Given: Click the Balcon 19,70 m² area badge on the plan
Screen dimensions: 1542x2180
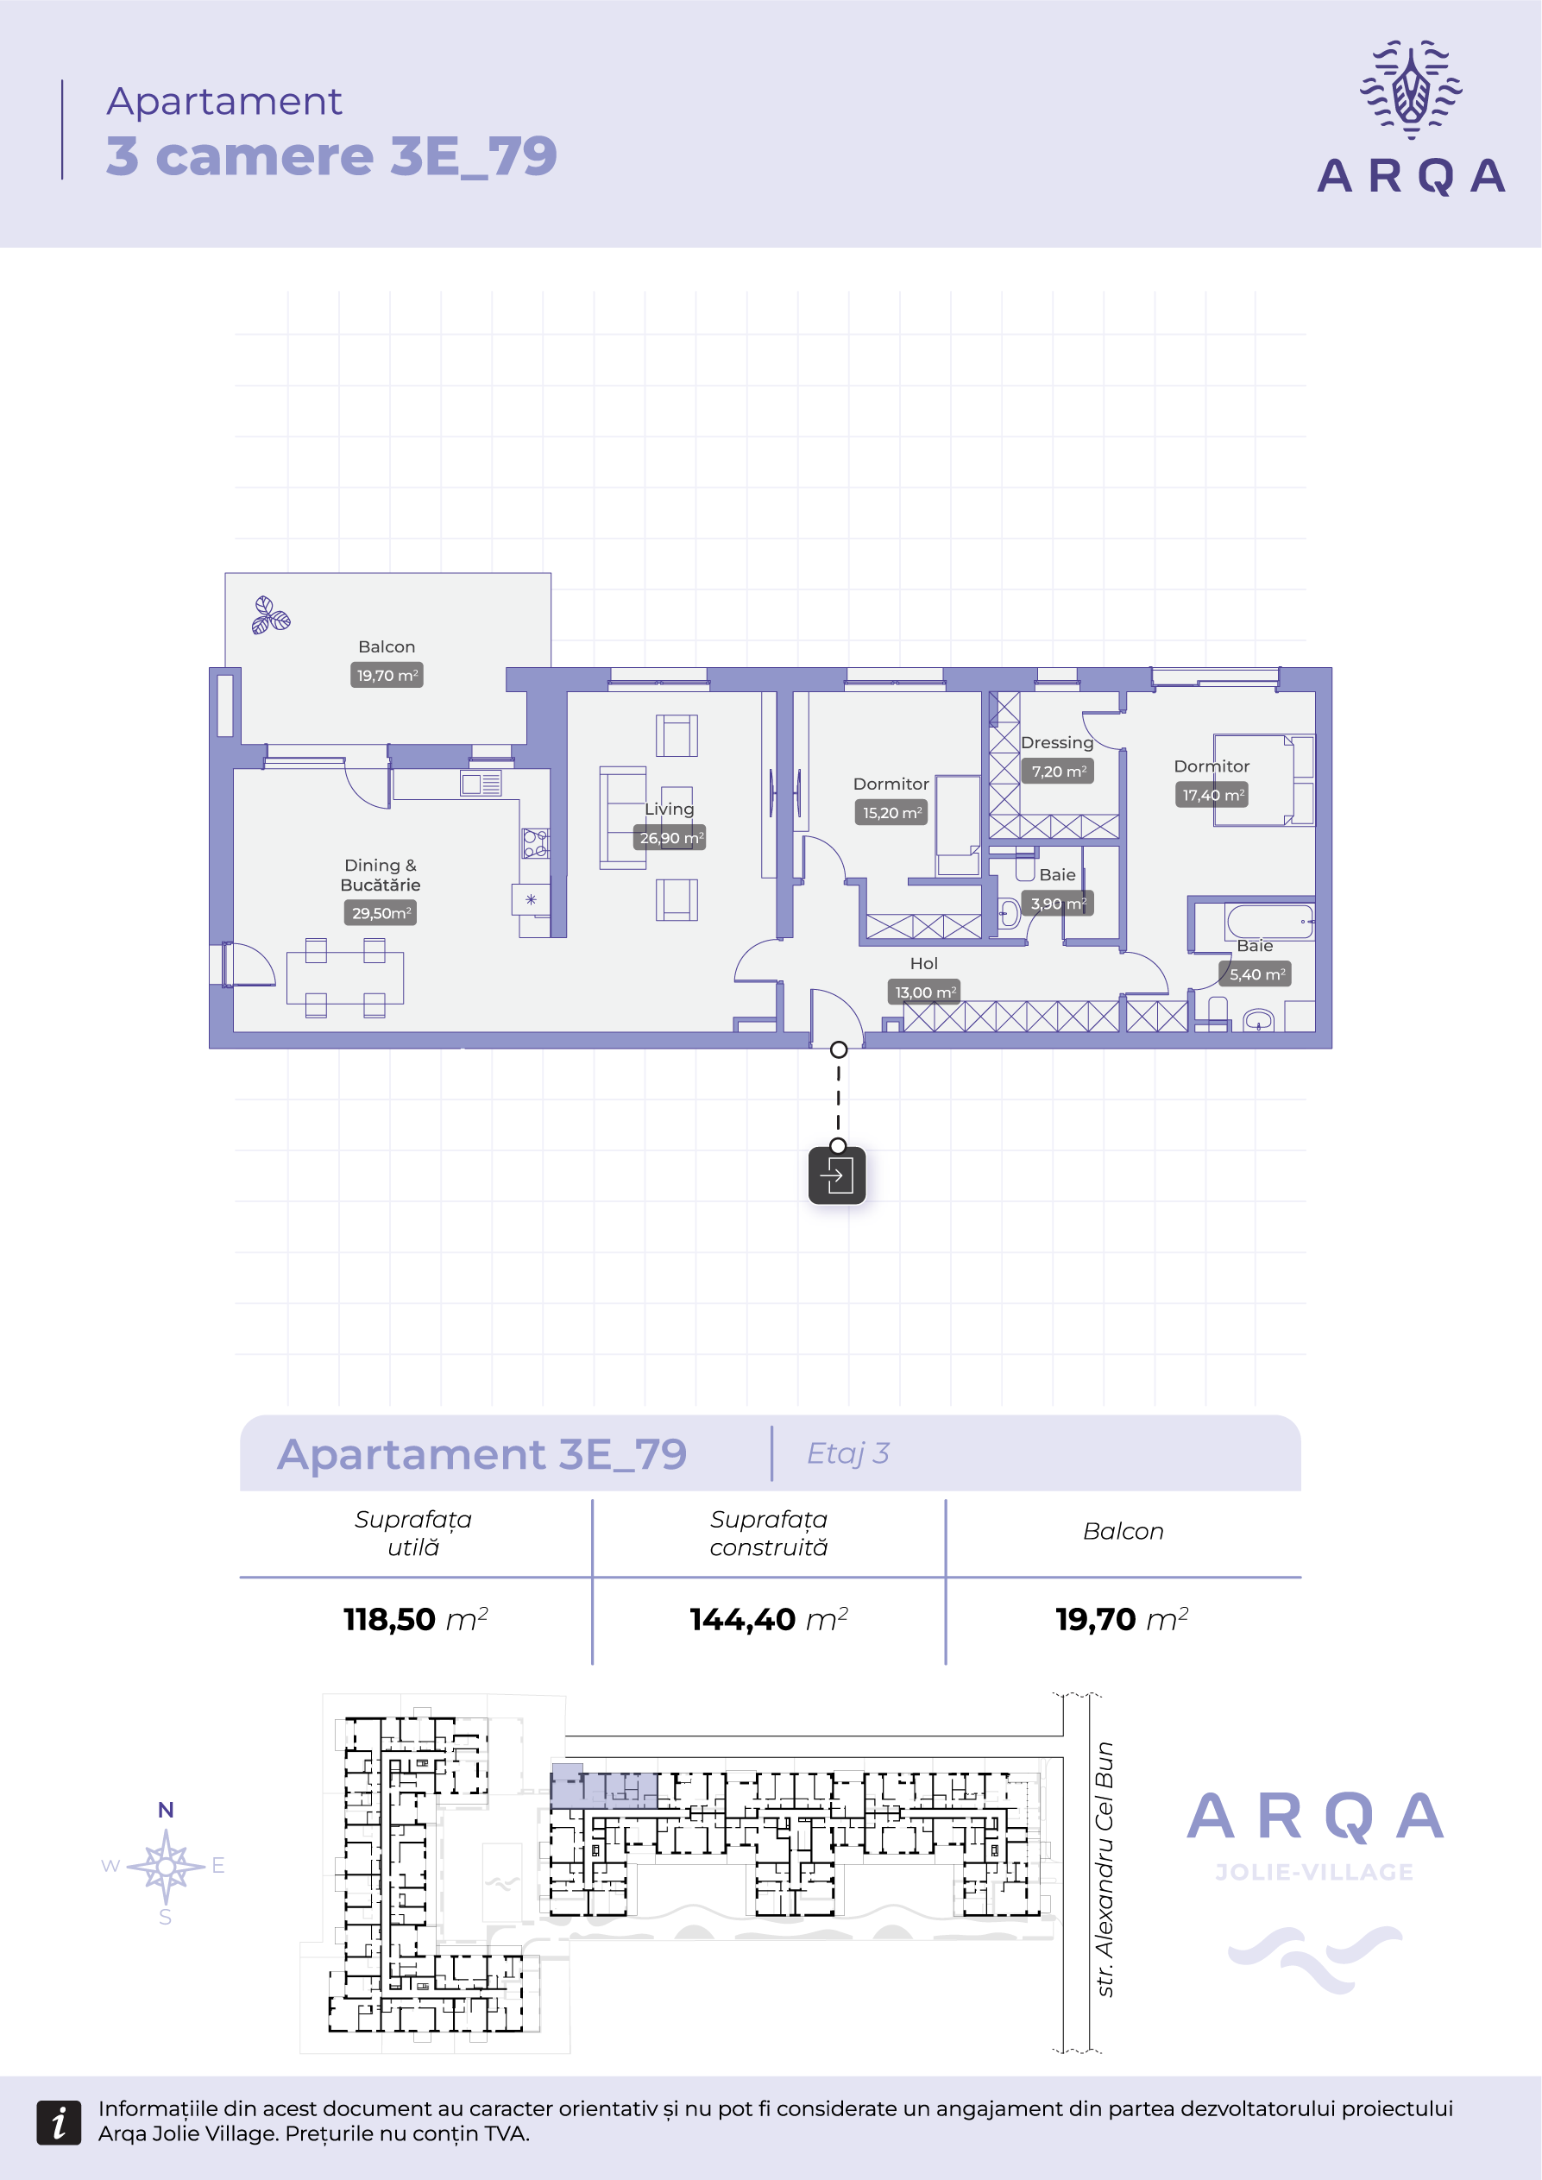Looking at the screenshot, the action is [x=387, y=675].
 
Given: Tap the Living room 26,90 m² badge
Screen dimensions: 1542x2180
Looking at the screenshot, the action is [x=670, y=837].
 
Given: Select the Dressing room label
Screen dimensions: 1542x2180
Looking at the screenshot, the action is [x=1057, y=742].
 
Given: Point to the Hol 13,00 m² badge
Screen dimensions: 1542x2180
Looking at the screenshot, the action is [x=925, y=992].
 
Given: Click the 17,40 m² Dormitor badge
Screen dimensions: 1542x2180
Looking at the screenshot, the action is [x=1212, y=795].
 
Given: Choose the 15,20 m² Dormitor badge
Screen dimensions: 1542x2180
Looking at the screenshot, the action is [x=891, y=813].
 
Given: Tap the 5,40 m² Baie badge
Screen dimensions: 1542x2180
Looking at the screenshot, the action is [x=1256, y=974].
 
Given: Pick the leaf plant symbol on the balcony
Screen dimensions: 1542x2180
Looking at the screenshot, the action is [x=270, y=615].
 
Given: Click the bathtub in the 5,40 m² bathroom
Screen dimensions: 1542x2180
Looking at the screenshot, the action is [x=1270, y=921].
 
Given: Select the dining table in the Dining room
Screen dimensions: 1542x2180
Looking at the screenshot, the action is [x=344, y=978].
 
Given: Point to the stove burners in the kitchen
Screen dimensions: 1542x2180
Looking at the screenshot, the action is [x=536, y=843].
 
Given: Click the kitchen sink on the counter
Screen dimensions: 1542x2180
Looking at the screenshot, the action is [x=481, y=784].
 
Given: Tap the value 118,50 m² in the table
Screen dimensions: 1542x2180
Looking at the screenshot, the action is [x=416, y=1619].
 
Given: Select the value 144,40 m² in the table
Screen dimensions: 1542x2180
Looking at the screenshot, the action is [x=769, y=1619].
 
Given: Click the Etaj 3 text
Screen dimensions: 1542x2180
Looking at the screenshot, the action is [x=848, y=1452].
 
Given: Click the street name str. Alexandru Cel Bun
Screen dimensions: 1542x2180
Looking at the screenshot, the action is [x=1105, y=1869].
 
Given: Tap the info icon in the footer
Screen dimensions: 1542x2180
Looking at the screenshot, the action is [x=59, y=2122].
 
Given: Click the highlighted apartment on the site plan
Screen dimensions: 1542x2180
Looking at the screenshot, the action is [x=604, y=1787].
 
